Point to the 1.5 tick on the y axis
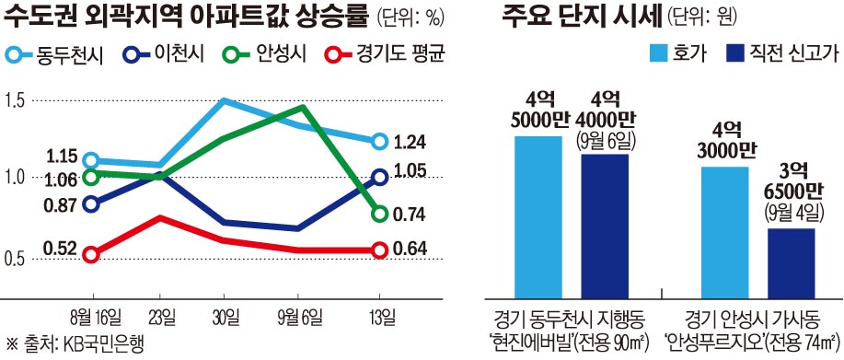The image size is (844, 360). point(16,100)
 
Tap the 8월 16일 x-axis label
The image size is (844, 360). point(96,318)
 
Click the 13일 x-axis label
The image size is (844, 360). point(379,318)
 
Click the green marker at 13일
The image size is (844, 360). point(379,214)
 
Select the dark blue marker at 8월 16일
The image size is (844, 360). point(90,203)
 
